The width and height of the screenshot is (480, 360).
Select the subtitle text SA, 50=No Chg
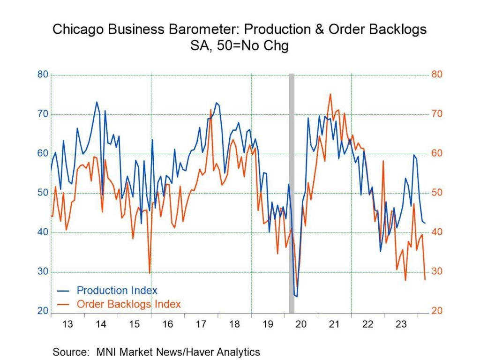(x=240, y=46)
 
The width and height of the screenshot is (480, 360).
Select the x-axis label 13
(x=67, y=324)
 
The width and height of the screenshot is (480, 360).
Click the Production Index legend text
(x=117, y=290)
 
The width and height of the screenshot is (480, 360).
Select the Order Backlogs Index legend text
(x=128, y=304)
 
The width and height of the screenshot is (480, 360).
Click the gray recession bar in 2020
(x=291, y=187)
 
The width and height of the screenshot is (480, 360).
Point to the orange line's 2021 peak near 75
(x=330, y=94)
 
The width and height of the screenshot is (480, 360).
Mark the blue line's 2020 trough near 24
(x=296, y=296)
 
